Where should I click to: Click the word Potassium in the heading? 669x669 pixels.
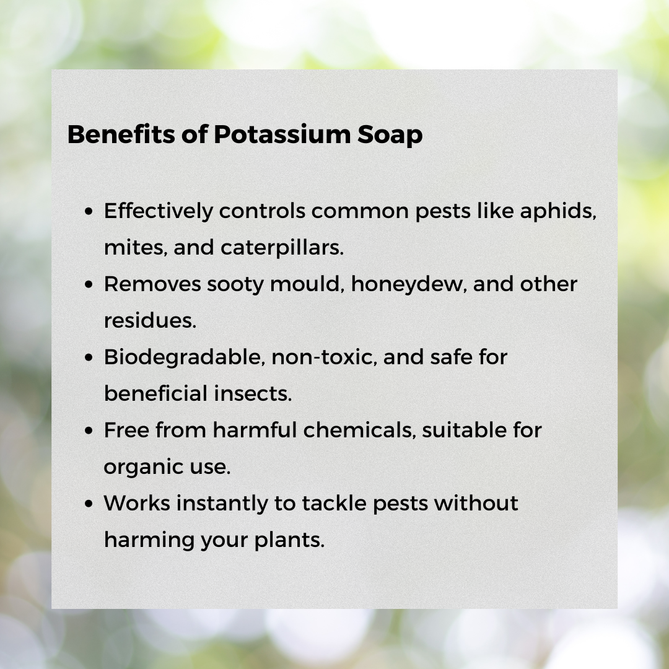pyautogui.click(x=282, y=134)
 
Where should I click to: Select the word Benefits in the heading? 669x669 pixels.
pyautogui.click(x=121, y=134)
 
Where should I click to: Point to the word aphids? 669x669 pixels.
pyautogui.click(x=558, y=212)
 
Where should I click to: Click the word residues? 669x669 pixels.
pyautogui.click(x=150, y=321)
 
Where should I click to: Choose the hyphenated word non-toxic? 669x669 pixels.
pyautogui.click(x=324, y=358)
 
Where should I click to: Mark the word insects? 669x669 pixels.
pyautogui.click(x=253, y=393)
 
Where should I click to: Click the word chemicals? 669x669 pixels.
pyautogui.click(x=360, y=430)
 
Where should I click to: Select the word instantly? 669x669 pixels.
pyautogui.click(x=222, y=504)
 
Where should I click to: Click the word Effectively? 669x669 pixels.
pyautogui.click(x=159, y=212)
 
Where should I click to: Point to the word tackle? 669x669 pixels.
pyautogui.click(x=334, y=503)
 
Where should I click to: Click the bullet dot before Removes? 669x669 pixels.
pyautogui.click(x=89, y=285)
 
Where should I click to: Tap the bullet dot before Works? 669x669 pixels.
pyautogui.click(x=89, y=504)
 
